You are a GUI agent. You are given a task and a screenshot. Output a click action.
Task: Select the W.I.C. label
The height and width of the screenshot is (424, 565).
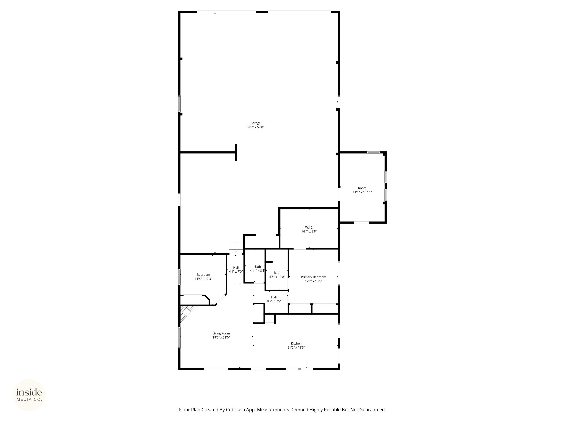coord(309,227)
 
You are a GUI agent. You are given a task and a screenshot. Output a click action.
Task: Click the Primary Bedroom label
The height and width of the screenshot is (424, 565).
coord(313,277)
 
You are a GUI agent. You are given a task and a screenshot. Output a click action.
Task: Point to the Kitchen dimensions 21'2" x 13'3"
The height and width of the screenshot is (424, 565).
coord(296,347)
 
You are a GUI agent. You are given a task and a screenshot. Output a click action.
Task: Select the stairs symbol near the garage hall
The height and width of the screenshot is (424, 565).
coord(235,247)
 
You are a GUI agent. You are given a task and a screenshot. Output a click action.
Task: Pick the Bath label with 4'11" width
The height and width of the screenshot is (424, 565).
coord(257,267)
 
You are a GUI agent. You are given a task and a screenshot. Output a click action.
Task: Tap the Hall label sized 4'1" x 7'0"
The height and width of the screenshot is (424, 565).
coord(236,268)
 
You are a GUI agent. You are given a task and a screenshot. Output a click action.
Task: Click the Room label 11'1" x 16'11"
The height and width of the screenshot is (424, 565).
coord(362,188)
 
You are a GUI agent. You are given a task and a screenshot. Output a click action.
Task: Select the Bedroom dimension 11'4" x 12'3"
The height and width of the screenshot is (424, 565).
coord(203,279)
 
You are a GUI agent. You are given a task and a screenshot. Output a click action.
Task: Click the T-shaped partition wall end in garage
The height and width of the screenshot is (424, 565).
coord(236,152)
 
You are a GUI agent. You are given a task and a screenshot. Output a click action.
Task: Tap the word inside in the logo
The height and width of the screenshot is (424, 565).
coord(29,392)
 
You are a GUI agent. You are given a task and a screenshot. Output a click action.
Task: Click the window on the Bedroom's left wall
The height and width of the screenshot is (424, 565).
coord(180,277)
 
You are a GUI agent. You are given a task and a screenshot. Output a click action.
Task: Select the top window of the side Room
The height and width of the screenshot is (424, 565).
coord(373,153)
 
